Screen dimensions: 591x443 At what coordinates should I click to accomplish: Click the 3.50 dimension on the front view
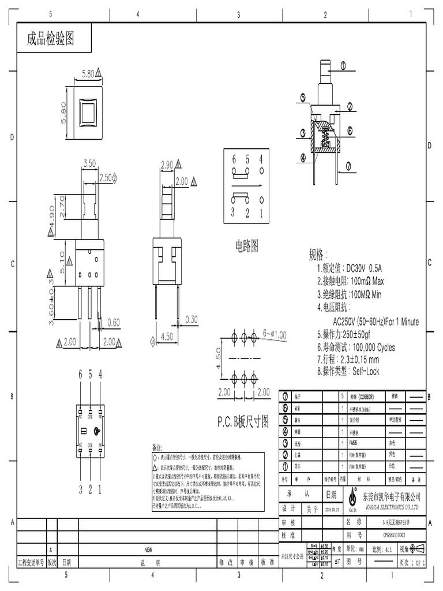point(89,163)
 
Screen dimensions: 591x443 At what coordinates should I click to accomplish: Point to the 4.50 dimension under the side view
point(167,336)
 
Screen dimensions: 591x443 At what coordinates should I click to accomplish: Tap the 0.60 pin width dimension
point(113,322)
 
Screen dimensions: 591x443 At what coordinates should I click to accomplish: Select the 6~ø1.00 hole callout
point(275,334)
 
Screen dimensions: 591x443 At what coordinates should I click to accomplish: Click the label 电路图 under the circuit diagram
point(246,246)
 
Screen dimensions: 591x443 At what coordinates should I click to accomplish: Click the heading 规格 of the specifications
point(318,255)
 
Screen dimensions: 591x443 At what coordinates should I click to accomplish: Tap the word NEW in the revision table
point(148,549)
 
